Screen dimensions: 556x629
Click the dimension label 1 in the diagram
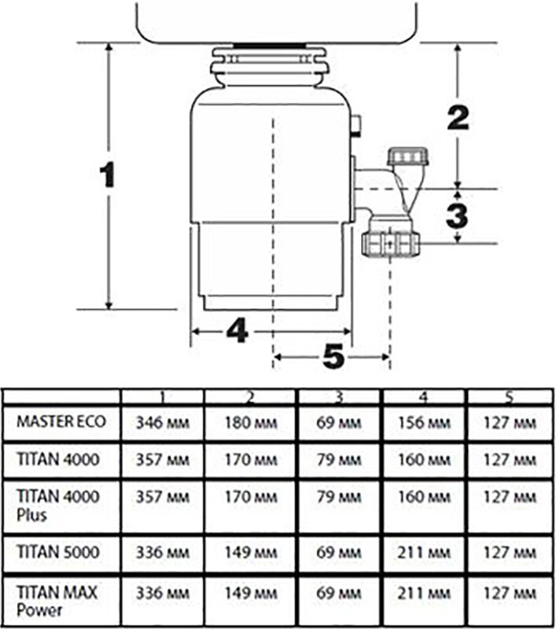coord(108,175)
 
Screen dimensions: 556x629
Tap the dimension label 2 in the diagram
coord(458,118)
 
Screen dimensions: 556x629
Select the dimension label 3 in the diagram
coord(458,215)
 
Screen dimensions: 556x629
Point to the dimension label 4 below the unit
coord(237,331)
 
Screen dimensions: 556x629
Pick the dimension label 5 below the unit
coord(333,356)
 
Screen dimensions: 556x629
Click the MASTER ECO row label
coord(61,421)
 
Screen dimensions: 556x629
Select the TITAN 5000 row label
coord(57,553)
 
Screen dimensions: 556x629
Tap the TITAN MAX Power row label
coord(57,601)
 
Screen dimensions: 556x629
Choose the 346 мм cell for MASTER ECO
coord(163,423)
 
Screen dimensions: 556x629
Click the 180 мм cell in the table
coord(251,423)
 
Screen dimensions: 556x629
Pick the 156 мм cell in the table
coord(424,423)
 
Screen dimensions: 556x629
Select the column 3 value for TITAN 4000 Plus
coord(339,498)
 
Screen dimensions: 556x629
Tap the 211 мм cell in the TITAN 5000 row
coord(424,553)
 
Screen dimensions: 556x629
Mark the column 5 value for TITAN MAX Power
coord(510,593)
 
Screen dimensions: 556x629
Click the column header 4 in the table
coord(424,397)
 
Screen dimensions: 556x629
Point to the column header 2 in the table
coord(251,397)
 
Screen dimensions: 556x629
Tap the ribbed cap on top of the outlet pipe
coord(407,156)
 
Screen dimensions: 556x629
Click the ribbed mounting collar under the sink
coord(269,64)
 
